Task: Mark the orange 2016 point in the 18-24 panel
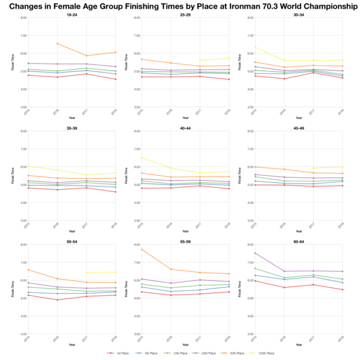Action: pos(58,43)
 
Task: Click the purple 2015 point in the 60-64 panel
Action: pos(254,253)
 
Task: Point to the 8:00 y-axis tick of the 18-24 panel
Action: pos(23,17)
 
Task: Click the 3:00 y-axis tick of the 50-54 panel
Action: pos(23,334)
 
